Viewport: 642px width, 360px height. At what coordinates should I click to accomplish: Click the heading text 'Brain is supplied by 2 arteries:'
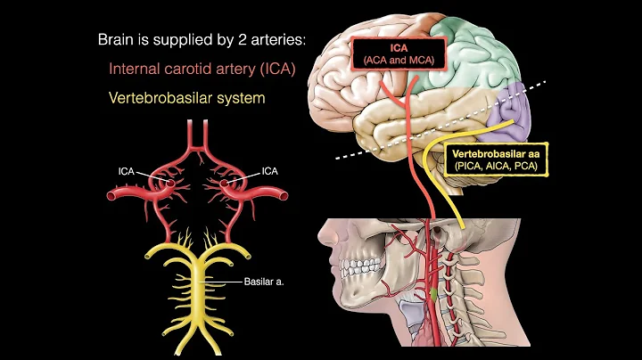click(201, 40)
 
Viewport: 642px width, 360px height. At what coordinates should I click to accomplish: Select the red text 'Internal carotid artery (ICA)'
click(203, 68)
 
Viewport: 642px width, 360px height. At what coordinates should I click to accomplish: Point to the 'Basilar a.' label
click(264, 283)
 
